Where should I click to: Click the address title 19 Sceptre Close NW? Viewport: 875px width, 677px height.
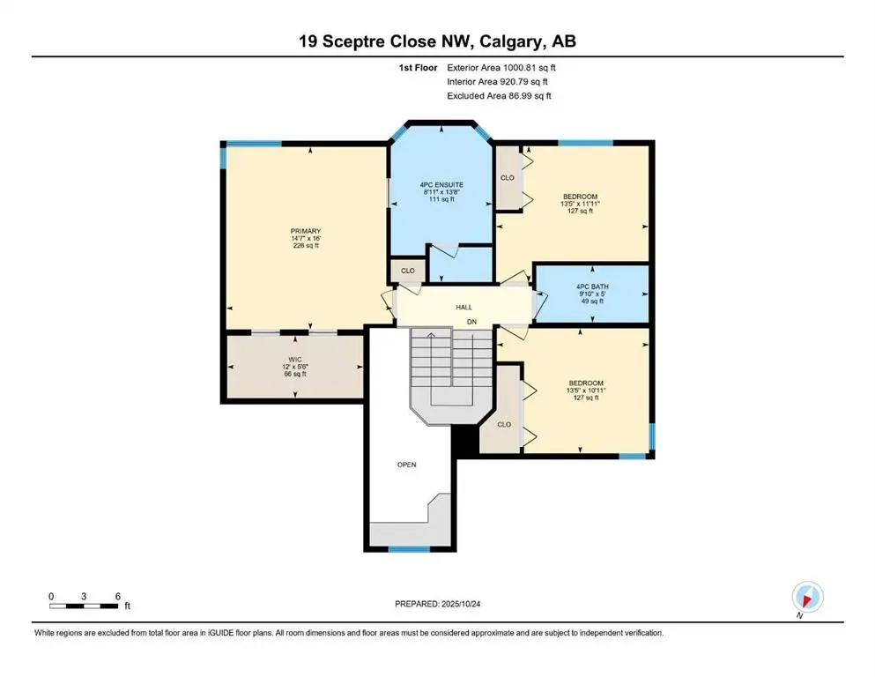click(x=437, y=41)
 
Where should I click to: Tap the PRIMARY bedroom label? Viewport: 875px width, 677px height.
click(x=307, y=231)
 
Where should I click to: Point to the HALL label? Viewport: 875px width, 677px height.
click(x=463, y=307)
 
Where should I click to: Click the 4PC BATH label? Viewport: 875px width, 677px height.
click(x=589, y=286)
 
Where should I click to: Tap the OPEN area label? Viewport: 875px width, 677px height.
click(x=406, y=464)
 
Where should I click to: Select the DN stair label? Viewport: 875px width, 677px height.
click(x=471, y=323)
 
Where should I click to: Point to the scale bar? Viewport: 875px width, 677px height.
click(x=85, y=606)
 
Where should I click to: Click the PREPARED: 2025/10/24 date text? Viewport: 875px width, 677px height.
click(x=438, y=604)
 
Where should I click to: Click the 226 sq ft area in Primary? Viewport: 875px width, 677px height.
click(x=307, y=246)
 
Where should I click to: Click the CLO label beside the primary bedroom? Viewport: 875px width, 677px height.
click(x=407, y=271)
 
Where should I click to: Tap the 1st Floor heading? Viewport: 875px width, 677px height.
click(x=417, y=67)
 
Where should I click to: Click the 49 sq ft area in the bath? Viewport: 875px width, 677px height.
click(x=589, y=301)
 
